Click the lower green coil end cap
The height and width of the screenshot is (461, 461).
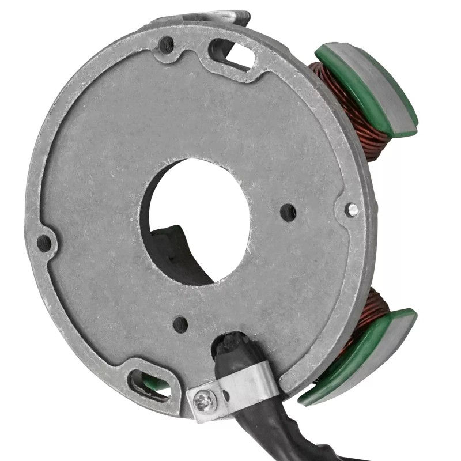352,369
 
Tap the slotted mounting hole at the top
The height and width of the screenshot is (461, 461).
233,55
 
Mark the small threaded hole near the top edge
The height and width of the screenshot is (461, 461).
165,44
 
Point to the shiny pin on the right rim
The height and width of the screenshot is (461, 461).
352,210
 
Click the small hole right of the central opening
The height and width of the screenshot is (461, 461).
288,213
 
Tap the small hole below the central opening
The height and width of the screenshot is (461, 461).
180,324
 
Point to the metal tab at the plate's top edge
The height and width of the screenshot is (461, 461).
231,17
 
